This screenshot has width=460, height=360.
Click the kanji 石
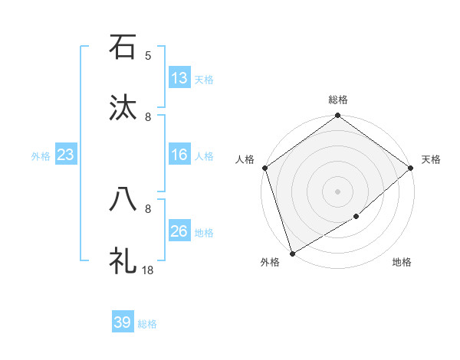point(123,47)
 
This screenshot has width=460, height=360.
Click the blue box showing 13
point(179,78)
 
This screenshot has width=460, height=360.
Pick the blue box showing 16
point(179,155)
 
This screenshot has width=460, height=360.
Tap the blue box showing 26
point(179,231)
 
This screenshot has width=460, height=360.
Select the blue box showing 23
point(65,155)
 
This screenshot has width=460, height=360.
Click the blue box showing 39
point(123,322)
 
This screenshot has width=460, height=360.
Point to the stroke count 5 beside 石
point(148,55)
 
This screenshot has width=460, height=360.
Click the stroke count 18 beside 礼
point(148,270)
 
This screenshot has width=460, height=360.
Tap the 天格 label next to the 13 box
point(203,80)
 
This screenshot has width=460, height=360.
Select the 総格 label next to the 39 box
point(147,324)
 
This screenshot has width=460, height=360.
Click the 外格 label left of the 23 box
point(41,156)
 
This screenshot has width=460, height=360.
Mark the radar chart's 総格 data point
point(337,116)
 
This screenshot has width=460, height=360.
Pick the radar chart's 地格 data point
point(356,217)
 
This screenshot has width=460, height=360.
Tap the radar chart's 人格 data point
point(264,168)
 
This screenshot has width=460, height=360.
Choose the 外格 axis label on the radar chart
point(270,263)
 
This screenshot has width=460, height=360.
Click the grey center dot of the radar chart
point(337,191)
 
